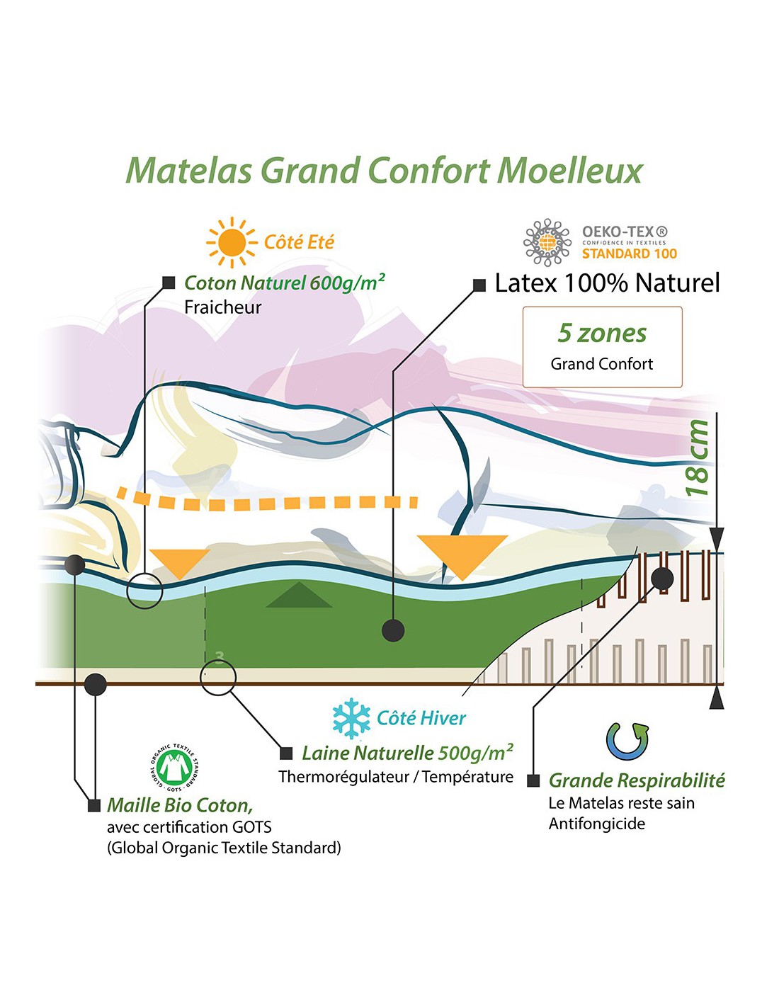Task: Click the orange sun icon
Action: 232,242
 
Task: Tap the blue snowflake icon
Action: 351,718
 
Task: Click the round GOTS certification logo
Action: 174,768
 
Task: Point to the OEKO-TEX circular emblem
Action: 547,242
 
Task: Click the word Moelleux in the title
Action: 570,171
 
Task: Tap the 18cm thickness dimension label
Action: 698,458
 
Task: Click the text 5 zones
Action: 601,334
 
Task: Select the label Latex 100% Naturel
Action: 607,283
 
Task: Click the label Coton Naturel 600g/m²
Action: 285,283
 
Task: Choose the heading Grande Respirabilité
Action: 636,781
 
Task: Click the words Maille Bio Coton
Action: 181,805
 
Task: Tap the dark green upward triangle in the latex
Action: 299,596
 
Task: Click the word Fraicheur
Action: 223,308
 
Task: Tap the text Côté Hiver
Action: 421,718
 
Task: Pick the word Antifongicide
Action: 597,824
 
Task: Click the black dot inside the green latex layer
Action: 393,631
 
